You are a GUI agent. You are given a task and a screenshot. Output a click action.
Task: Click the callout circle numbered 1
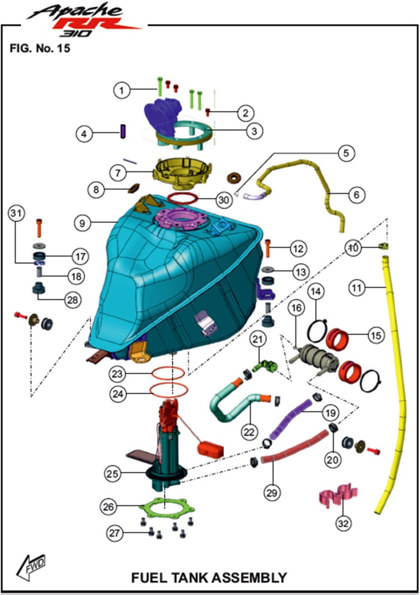point(121,88)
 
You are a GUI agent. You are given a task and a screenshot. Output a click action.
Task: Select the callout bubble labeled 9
point(82,223)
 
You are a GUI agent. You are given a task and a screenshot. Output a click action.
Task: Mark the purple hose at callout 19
point(290,419)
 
